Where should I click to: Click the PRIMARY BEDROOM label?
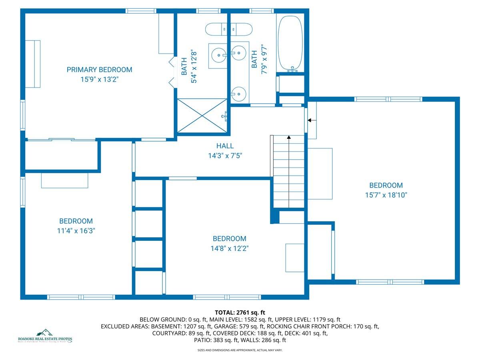click(99, 70)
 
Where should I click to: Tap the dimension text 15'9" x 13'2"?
click(99, 80)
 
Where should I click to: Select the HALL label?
click(225, 146)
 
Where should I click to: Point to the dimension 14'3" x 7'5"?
click(225, 156)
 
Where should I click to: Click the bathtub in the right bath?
click(290, 43)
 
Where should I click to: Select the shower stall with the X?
click(202, 115)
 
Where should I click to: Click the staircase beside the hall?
click(288, 172)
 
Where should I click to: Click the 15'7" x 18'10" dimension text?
click(386, 195)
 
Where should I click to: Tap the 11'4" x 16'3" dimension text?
click(76, 231)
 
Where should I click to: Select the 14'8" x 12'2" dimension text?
click(230, 248)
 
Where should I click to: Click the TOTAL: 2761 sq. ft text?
click(240, 312)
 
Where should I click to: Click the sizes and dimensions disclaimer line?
click(240, 350)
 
